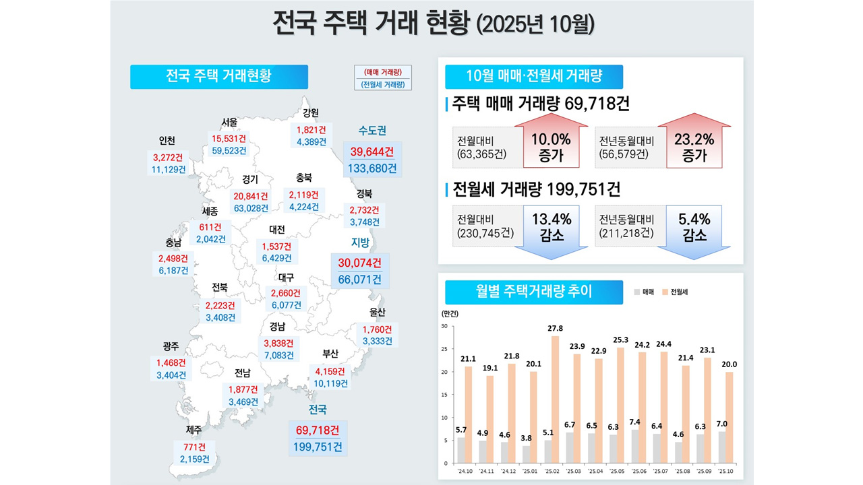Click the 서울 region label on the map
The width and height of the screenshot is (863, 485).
coord(229,122)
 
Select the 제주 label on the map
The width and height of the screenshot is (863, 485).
coord(194,429)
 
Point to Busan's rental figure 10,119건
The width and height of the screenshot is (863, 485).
coord(330,383)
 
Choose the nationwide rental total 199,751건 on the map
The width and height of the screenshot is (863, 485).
coord(318,447)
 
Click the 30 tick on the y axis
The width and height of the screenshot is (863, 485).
coord(444,326)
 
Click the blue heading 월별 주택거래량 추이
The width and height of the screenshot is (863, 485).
coord(525,292)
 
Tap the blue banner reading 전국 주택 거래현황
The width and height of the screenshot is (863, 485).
coord(218,76)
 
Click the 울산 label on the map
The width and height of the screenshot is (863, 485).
coord(377,313)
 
